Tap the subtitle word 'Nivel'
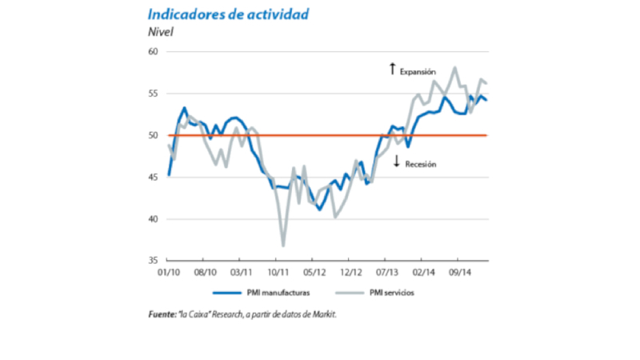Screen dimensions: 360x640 click(158, 33)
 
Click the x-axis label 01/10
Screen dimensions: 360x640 click(168, 271)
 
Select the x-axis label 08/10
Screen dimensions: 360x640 click(205, 271)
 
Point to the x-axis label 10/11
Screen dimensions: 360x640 click(278, 271)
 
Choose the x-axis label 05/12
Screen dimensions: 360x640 click(314, 271)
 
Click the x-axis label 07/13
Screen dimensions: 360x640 click(387, 271)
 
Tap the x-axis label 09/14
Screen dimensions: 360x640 click(460, 271)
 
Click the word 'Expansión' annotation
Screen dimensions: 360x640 click(418, 71)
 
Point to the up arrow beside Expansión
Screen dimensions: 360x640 click(392, 69)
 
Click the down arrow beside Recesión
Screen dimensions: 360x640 click(396, 162)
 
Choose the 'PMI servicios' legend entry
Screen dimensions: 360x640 click(393, 293)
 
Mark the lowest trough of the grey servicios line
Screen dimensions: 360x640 click(283, 245)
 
